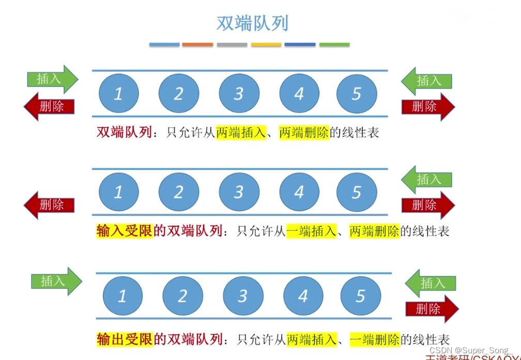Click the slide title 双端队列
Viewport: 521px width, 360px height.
coord(252,23)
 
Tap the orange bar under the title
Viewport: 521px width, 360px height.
coord(197,45)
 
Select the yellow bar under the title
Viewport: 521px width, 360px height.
coord(266,45)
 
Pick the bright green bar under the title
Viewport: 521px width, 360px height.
coord(334,45)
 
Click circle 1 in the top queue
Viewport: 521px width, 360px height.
coord(118,93)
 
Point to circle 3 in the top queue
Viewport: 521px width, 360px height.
coord(239,93)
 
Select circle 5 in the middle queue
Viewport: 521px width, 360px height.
coord(357,192)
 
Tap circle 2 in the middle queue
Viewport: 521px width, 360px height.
coord(179,192)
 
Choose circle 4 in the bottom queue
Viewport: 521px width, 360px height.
coord(303,296)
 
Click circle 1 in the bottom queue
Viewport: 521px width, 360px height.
coord(122,296)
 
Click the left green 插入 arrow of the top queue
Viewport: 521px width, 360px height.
coord(52,79)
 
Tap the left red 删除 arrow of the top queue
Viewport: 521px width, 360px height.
coord(50,106)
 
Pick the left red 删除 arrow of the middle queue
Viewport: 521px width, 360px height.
coord(50,205)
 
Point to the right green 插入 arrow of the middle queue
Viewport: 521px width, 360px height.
coord(427,180)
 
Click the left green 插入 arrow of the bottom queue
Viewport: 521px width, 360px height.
coord(56,281)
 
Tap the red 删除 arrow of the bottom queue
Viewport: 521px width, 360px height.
coord(432,309)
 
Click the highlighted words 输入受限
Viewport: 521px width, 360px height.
coord(125,231)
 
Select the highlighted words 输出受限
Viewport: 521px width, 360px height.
coord(125,339)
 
